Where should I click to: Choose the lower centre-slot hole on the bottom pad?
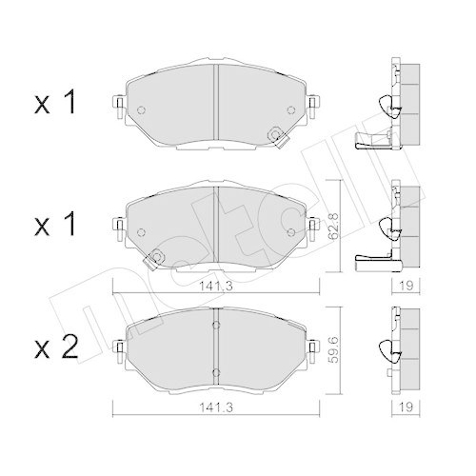pyautogui.click(x=216, y=372)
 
